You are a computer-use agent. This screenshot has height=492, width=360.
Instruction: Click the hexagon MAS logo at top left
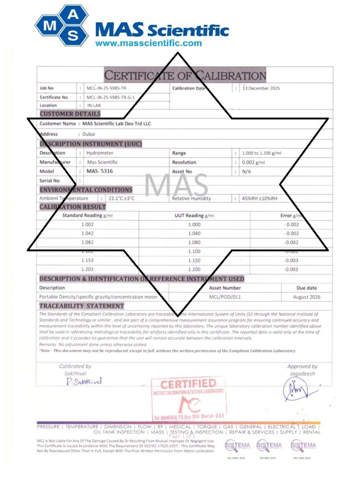[62, 25]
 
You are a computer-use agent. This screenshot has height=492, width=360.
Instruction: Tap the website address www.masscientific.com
[148, 43]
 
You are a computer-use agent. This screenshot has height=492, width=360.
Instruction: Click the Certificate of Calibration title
[185, 75]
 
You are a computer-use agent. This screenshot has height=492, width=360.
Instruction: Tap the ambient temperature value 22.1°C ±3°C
[121, 198]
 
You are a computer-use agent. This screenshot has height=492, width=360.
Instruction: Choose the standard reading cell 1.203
[88, 269]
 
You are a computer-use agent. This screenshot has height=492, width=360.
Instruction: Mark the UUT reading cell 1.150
[194, 260]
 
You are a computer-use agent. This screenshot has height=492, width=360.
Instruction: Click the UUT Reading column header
[194, 216]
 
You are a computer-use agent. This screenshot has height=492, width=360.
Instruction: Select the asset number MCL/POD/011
[225, 296]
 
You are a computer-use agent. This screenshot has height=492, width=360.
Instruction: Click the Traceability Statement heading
[81, 306]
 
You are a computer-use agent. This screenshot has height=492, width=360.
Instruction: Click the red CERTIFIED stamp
[188, 385]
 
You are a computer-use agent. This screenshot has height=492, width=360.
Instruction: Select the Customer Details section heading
[70, 114]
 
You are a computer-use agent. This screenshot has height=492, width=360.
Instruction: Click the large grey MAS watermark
[176, 185]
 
